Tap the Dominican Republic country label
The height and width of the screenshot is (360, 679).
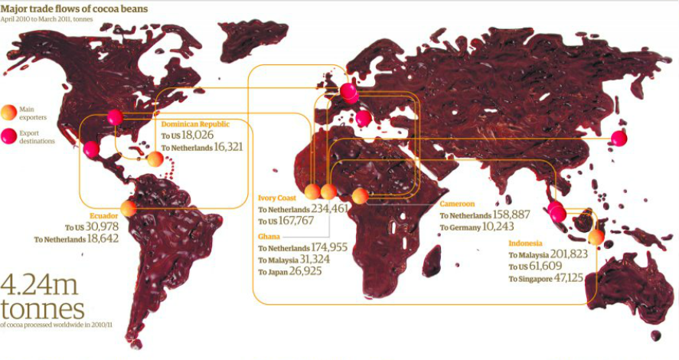click(x=195, y=124)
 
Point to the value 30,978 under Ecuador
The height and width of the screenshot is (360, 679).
click(x=103, y=227)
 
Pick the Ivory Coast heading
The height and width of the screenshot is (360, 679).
click(x=278, y=198)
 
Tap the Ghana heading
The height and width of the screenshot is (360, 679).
click(x=268, y=237)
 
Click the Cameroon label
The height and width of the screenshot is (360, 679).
click(x=457, y=205)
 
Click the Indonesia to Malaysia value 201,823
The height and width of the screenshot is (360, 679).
click(x=570, y=254)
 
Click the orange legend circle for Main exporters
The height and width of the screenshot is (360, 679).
click(x=8, y=113)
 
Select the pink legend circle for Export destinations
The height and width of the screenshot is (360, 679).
click(x=8, y=136)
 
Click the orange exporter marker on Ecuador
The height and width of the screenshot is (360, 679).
click(x=129, y=208)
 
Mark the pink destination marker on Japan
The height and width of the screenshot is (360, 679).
click(x=619, y=139)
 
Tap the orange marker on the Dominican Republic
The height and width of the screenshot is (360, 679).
click(x=155, y=159)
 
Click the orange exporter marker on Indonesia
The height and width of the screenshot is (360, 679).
click(x=596, y=237)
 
